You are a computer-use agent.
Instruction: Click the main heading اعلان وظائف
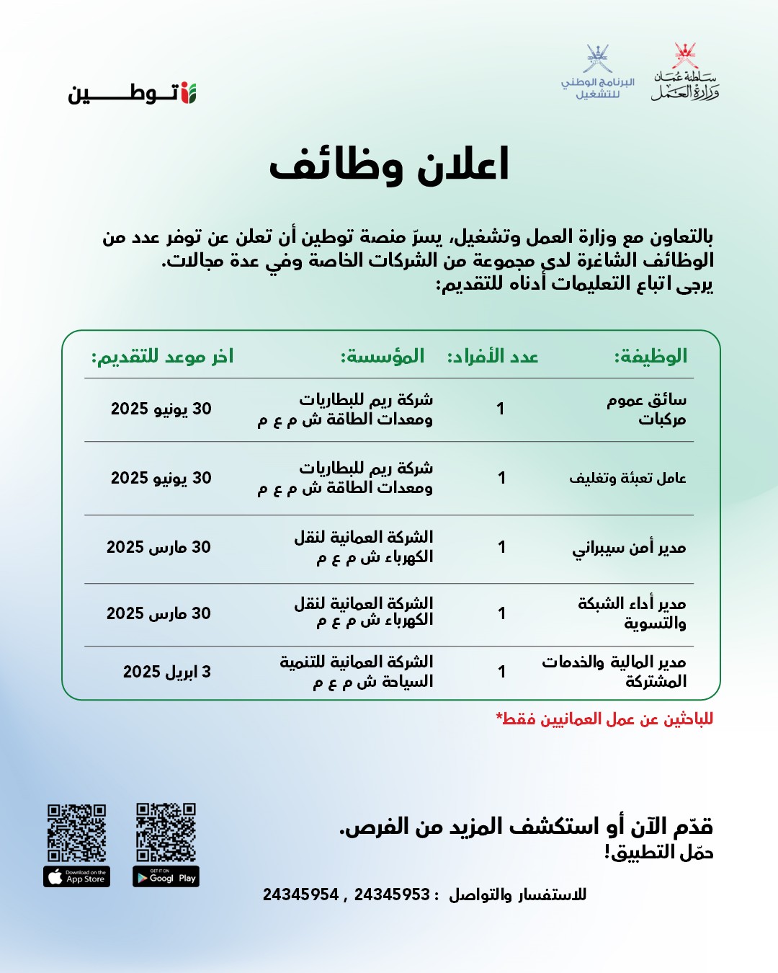[389, 165]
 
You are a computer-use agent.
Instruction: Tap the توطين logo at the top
[133, 93]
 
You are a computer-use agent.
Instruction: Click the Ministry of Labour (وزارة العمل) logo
[685, 72]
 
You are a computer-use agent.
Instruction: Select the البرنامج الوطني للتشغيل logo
[598, 73]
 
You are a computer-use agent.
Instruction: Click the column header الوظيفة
[650, 356]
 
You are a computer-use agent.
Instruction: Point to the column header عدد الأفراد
[493, 356]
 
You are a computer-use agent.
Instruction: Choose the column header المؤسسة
[383, 356]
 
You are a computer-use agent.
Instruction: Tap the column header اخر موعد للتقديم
[162, 356]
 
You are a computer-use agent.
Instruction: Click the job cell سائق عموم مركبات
[647, 409]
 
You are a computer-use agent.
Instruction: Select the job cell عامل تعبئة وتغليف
[627, 478]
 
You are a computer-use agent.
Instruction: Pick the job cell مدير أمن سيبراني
[629, 548]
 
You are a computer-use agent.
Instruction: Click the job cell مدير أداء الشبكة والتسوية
[632, 613]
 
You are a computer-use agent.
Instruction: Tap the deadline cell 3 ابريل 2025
[167, 672]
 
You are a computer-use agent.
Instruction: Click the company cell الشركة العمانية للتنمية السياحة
[357, 671]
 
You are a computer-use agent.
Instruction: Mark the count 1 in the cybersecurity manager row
[501, 548]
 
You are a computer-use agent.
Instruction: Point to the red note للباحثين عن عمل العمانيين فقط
[604, 719]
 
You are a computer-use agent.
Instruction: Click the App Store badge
[76, 876]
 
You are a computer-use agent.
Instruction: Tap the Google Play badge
[166, 876]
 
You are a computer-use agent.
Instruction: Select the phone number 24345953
[392, 894]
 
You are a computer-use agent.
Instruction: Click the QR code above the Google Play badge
[166, 832]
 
